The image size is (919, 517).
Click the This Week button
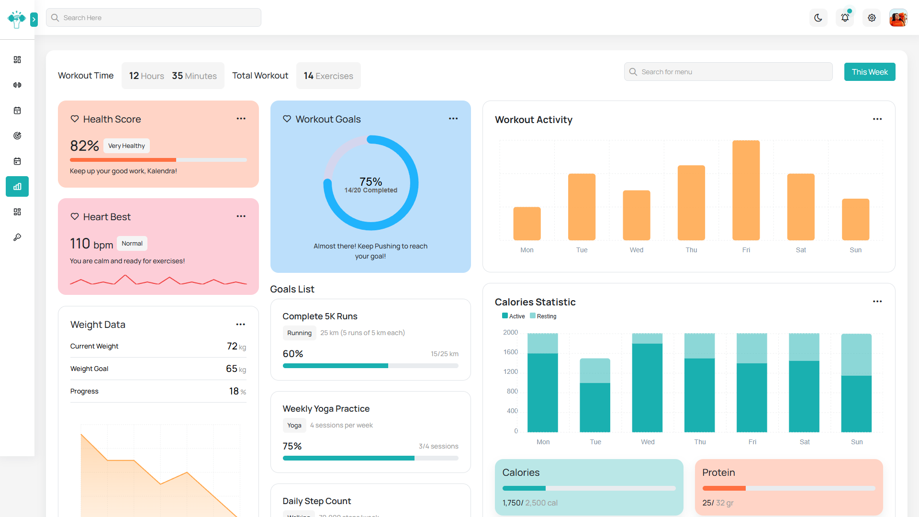pyautogui.click(x=869, y=72)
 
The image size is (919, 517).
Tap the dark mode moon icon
pyautogui.click(x=818, y=18)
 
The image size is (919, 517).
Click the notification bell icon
pyautogui.click(x=845, y=18)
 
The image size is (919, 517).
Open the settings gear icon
pyautogui.click(x=872, y=18)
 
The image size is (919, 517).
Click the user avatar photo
pyautogui.click(x=898, y=18)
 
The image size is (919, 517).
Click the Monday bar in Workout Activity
pyautogui.click(x=527, y=224)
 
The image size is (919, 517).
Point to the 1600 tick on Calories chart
pyautogui.click(x=510, y=352)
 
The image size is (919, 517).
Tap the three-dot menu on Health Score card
pyautogui.click(x=241, y=119)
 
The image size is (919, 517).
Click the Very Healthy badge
pyautogui.click(x=126, y=146)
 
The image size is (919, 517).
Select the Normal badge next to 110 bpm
pyautogui.click(x=132, y=243)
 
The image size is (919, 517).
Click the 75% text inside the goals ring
pyautogui.click(x=370, y=181)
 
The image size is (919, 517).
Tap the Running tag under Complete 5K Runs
pyautogui.click(x=299, y=333)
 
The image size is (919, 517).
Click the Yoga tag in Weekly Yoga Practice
pyautogui.click(x=294, y=425)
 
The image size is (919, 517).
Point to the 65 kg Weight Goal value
pyautogui.click(x=235, y=369)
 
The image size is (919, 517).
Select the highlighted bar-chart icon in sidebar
pyautogui.click(x=17, y=187)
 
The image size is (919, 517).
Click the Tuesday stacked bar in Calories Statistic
pyautogui.click(x=595, y=395)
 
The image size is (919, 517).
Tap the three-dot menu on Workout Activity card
pyautogui.click(x=877, y=119)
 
